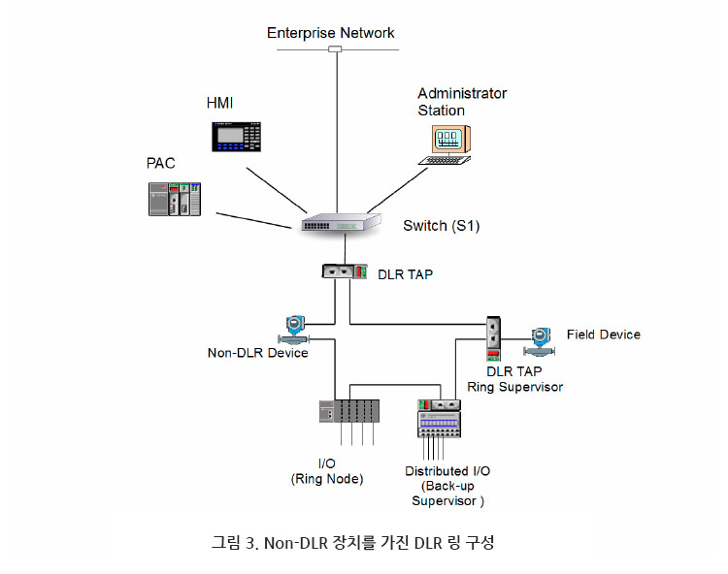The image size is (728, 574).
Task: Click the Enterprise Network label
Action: pos(331,33)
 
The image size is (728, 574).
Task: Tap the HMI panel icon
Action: pos(238,136)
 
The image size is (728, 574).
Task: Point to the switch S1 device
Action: pos(335,224)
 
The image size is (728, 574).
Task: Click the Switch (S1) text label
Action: pos(442,226)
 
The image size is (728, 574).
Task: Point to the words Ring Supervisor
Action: pos(514,387)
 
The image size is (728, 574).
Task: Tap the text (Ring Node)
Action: pos(326,479)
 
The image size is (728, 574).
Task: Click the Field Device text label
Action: pos(603,335)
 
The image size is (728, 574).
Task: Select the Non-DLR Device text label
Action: pos(258,353)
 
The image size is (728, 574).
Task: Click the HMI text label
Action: pos(221,102)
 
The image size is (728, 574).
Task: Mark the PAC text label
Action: pos(161,162)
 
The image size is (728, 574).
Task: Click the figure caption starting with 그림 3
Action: pos(352,543)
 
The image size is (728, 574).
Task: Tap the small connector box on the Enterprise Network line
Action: pos(336,48)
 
